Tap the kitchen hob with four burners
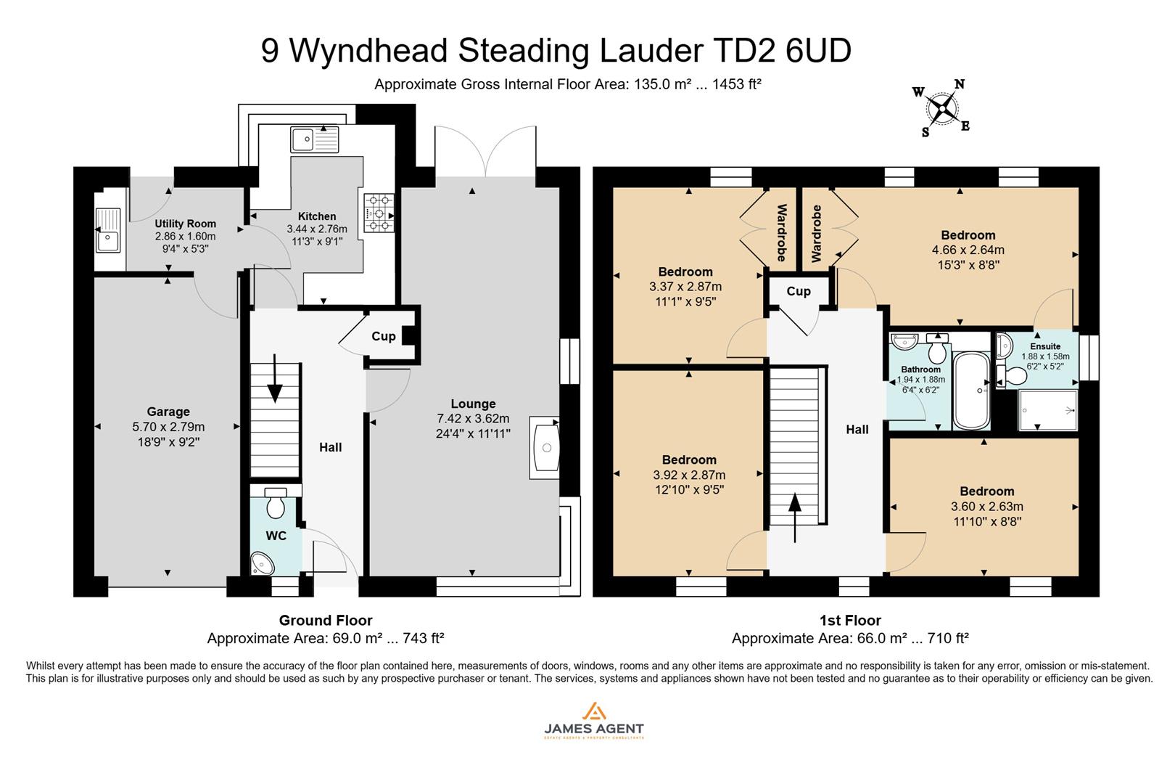[x=378, y=213]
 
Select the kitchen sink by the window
[x=314, y=139]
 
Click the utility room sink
[x=108, y=229]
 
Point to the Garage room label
[x=168, y=412]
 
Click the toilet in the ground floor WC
[x=276, y=504]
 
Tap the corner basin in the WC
[x=260, y=563]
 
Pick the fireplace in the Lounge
[x=545, y=448]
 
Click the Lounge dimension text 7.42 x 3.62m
[x=473, y=419]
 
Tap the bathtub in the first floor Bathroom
[x=970, y=391]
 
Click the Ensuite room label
[x=1045, y=346]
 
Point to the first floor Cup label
[x=799, y=291]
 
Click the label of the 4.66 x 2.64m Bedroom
[x=968, y=235]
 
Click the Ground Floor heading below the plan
[x=326, y=621]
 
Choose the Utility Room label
[x=185, y=224]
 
